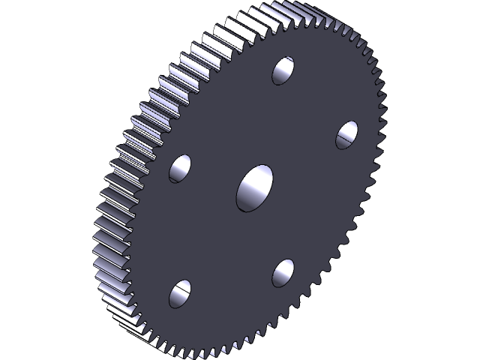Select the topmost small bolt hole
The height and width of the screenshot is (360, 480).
[x=283, y=70]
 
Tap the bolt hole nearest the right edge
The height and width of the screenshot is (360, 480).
[x=346, y=134]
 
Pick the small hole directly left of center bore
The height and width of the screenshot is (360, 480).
[x=180, y=169]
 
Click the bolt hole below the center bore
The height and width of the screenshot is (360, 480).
[x=283, y=272]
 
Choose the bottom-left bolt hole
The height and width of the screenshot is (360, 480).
[x=180, y=294]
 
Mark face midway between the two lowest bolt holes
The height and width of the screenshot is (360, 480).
[x=231, y=283]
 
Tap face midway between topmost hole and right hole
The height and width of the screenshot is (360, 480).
[x=315, y=102]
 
